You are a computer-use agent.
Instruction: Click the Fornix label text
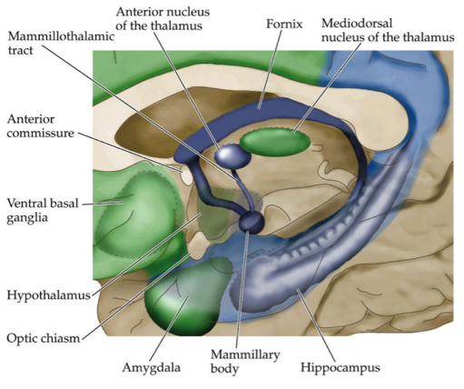click(x=284, y=24)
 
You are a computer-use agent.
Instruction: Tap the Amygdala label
click(x=151, y=368)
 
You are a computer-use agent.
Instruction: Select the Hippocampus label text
click(x=341, y=367)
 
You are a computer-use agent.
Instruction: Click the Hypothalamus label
click(x=49, y=294)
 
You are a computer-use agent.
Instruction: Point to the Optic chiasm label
click(x=43, y=338)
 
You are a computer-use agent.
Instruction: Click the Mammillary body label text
click(x=245, y=361)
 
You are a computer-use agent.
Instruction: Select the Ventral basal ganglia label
click(x=43, y=210)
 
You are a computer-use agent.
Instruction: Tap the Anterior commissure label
click(x=40, y=126)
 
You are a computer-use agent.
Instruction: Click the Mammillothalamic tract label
click(x=61, y=43)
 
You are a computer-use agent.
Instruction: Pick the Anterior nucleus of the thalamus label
click(x=163, y=18)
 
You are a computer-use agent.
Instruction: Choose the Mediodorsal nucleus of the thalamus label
click(x=388, y=30)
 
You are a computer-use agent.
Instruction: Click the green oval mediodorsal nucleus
click(x=275, y=141)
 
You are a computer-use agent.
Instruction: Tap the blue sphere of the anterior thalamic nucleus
click(x=232, y=155)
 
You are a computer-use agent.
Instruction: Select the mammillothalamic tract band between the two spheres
click(x=243, y=190)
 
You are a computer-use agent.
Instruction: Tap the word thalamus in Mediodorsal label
click(x=431, y=37)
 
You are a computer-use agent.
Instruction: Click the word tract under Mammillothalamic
click(x=20, y=50)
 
